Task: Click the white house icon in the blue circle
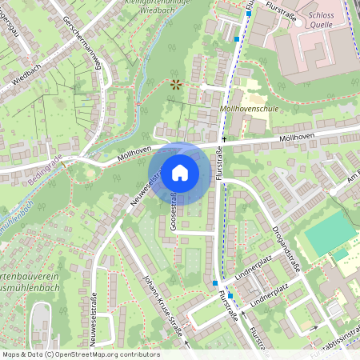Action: coord(180,172)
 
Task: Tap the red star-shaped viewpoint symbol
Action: coord(176,82)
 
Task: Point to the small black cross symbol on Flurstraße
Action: coord(225,139)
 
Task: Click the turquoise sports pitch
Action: coord(326,234)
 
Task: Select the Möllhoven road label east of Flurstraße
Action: coord(298,139)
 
